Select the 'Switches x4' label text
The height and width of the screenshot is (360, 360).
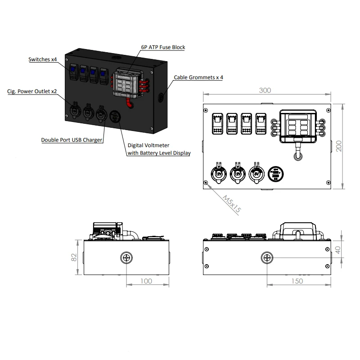(43, 59)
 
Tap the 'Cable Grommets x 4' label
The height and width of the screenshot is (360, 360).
(198, 77)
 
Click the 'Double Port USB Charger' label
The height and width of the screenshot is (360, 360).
(72, 140)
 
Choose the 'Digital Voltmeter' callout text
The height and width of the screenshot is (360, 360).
(148, 146)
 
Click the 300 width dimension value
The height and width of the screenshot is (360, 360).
(265, 90)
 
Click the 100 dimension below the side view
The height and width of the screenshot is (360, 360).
(147, 281)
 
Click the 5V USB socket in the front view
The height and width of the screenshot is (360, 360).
(256, 173)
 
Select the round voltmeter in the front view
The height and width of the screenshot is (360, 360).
(274, 174)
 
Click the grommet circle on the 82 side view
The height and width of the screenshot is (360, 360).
(126, 258)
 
